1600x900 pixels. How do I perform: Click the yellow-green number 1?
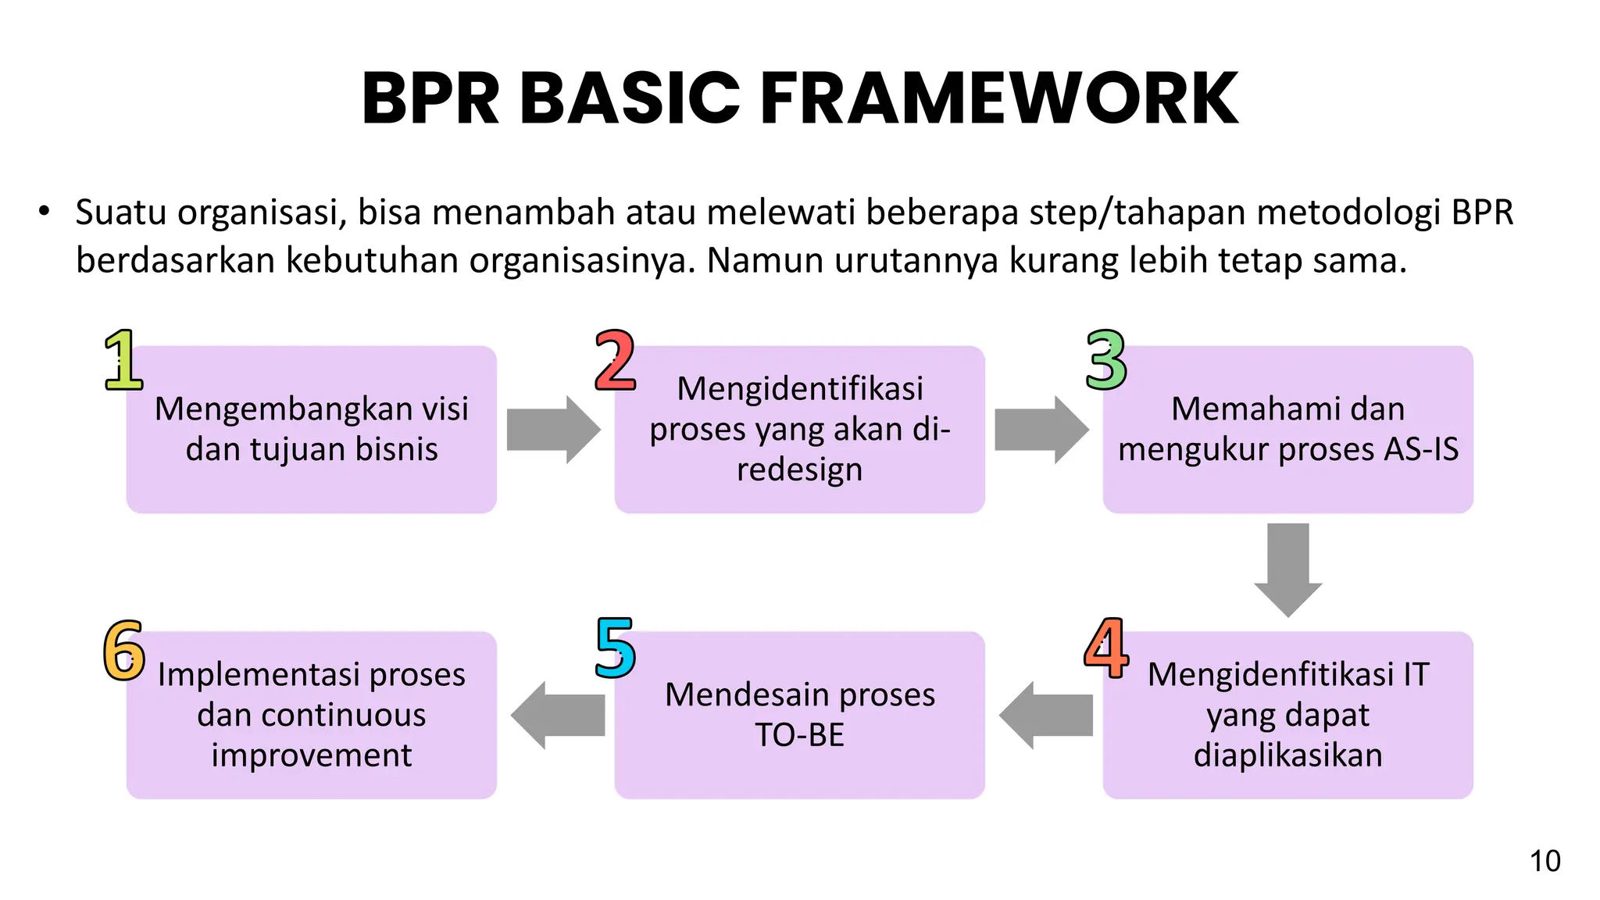tap(123, 360)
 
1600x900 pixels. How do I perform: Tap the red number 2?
tap(615, 360)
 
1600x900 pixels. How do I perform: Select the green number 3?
tap(1105, 360)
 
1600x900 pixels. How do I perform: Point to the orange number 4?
tap(1106, 648)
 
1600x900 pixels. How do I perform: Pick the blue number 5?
tap(615, 648)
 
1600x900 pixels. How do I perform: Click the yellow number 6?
tap(124, 649)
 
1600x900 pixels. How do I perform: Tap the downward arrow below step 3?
tap(1287, 569)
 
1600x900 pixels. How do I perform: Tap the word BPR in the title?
tap(430, 98)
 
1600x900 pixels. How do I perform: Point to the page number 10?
tap(1545, 861)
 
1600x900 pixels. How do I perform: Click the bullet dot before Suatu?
tap(44, 212)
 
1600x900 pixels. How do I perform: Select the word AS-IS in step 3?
tap(1421, 449)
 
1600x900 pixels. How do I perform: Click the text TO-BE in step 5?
tap(799, 735)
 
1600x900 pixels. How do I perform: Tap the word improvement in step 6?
tap(311, 755)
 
